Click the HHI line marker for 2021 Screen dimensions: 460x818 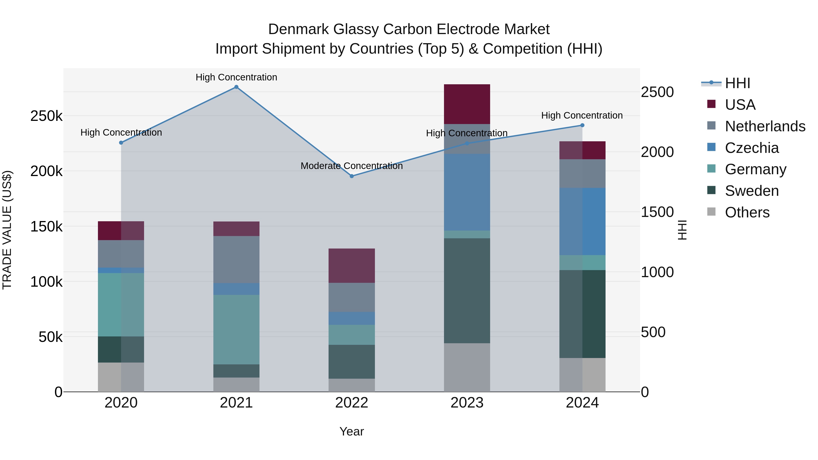(236, 87)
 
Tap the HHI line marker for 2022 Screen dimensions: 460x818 (352, 176)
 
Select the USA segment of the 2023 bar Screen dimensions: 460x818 (467, 104)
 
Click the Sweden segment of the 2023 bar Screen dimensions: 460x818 (467, 291)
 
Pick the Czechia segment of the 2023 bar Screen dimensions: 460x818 (467, 192)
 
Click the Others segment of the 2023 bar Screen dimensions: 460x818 (467, 367)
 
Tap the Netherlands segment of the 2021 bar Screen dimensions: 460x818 (236, 259)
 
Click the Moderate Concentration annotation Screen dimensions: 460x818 (352, 166)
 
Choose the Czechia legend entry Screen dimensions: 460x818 (752, 148)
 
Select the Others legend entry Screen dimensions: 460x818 (747, 212)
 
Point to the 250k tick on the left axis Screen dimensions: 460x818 (46, 116)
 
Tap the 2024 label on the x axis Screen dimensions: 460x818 (582, 403)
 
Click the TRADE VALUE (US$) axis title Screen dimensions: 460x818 (7, 230)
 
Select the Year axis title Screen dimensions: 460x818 (352, 431)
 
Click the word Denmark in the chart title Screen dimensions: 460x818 (298, 29)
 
